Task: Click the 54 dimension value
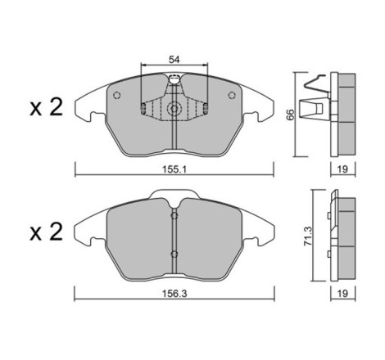(x=174, y=60)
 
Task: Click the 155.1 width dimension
(x=174, y=169)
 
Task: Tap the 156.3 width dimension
(x=174, y=294)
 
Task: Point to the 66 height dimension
(x=291, y=115)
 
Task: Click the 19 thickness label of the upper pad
(x=342, y=169)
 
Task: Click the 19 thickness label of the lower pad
(x=342, y=294)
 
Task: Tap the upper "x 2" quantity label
(x=47, y=108)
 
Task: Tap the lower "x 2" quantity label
(x=47, y=232)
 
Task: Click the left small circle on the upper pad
(x=117, y=95)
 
